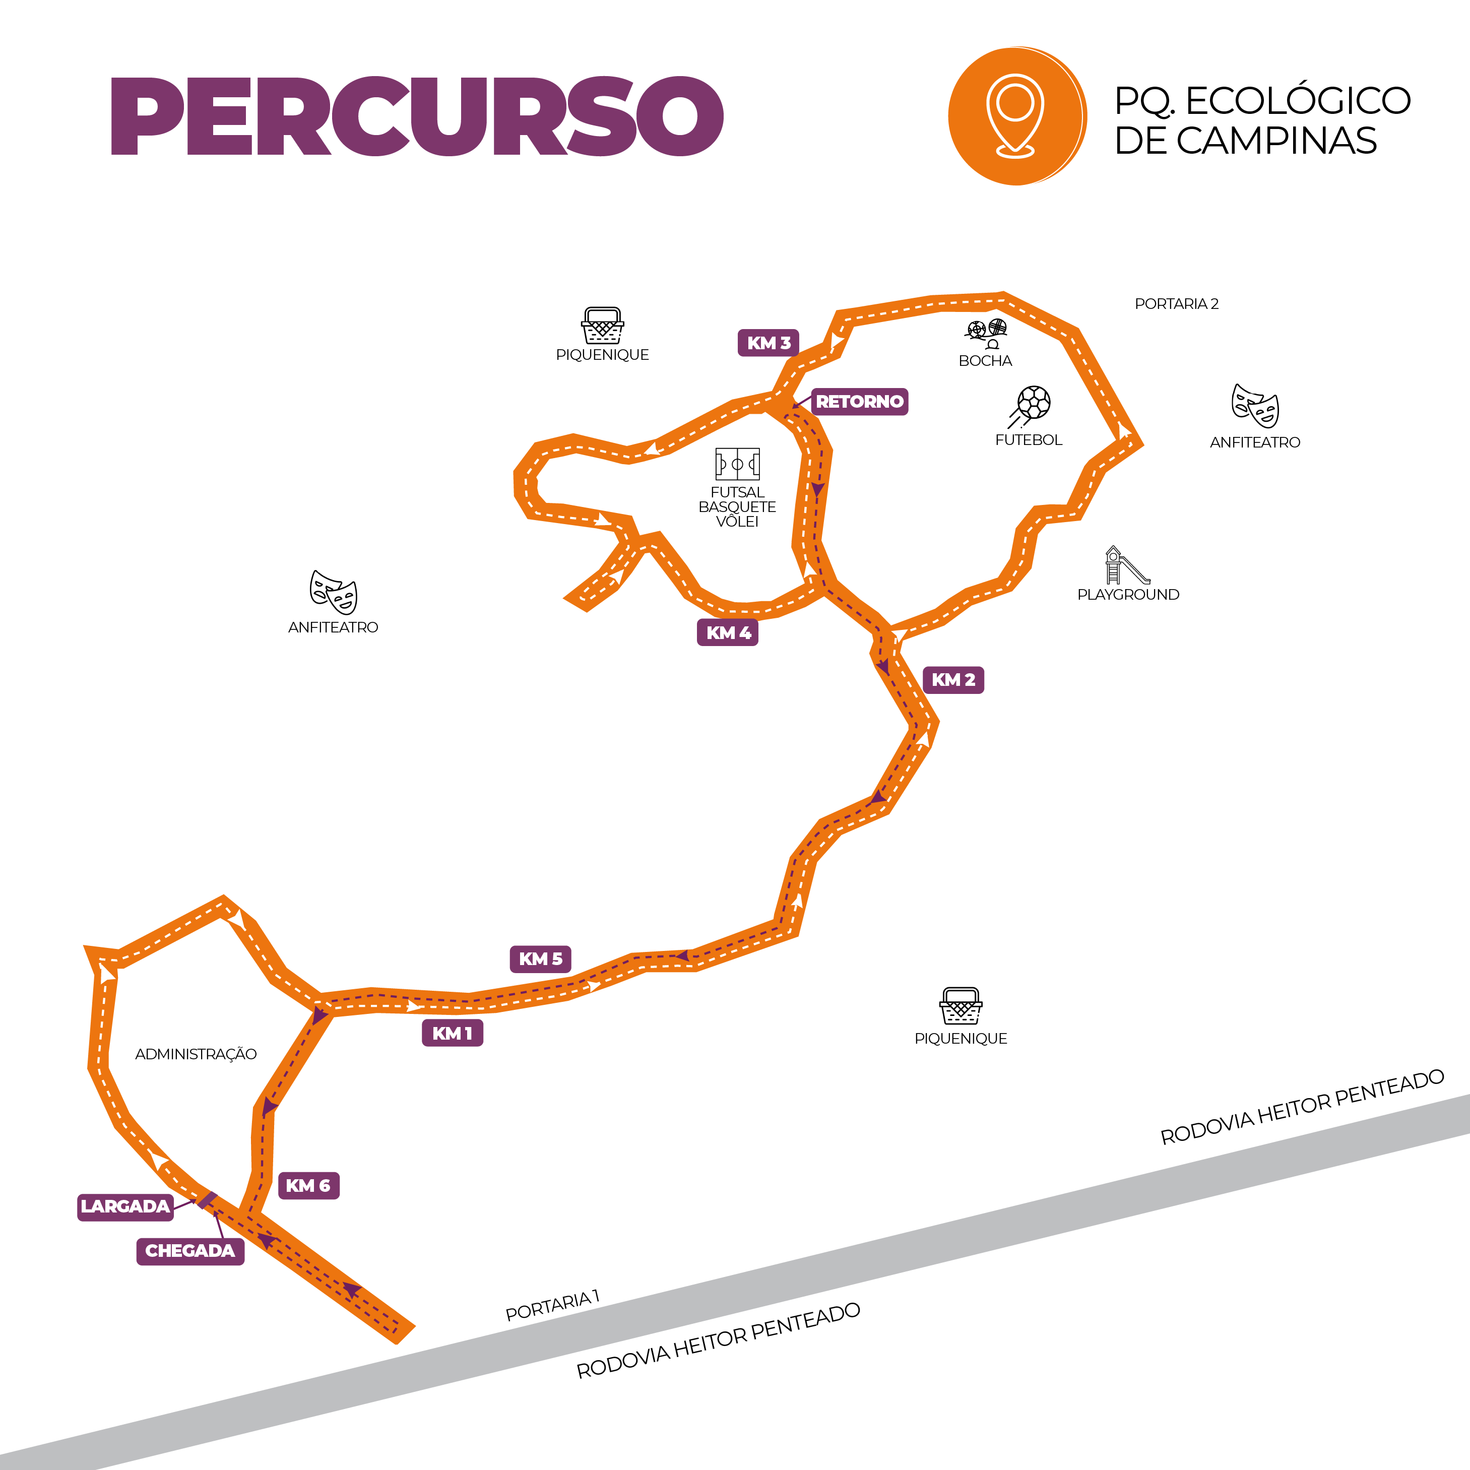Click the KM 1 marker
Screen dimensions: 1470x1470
452,1033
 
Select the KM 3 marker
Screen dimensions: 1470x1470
768,342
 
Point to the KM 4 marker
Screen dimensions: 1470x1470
727,632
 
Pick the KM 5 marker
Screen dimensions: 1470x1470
540,958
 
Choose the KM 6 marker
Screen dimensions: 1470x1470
308,1185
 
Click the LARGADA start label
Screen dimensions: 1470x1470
125,1206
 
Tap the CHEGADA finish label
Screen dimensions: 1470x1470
190,1251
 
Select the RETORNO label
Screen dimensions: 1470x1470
859,401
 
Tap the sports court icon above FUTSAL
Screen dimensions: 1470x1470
737,463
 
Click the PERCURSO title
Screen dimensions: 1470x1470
417,116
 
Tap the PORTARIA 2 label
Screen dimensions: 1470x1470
1176,303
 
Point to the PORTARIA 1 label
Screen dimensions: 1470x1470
552,1306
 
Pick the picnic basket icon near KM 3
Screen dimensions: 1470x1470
603,326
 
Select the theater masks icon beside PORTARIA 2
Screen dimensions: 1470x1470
1255,406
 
